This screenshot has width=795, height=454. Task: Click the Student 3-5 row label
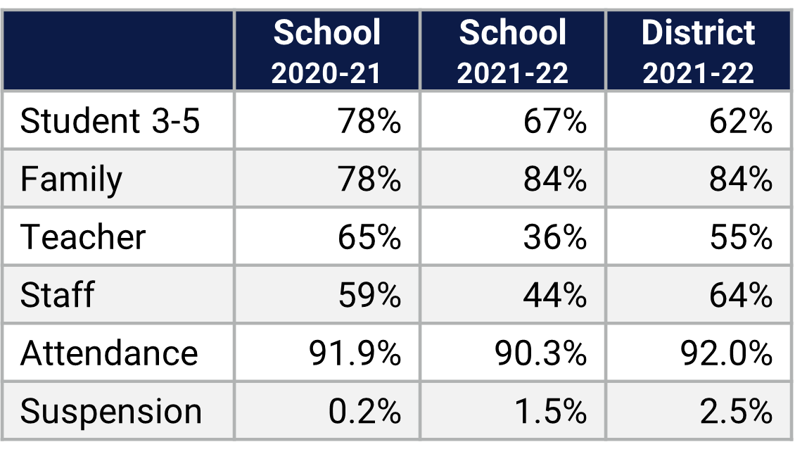(110, 121)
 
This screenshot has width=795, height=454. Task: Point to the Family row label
(71, 179)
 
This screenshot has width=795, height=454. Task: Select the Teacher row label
(83, 237)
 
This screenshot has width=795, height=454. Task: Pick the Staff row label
(57, 295)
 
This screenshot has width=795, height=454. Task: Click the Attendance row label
(109, 353)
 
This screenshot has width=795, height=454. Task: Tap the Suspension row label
(111, 411)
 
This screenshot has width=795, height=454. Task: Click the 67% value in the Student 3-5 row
(554, 121)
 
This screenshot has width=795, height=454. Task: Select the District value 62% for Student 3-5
(740, 121)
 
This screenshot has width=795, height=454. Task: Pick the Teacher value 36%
(554, 237)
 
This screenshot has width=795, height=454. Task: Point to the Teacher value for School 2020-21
(369, 237)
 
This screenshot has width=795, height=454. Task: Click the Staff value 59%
(369, 295)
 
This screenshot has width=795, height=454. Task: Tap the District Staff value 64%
(740, 295)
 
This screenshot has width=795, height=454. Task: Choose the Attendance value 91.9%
(355, 353)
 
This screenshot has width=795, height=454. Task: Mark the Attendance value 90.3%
(540, 353)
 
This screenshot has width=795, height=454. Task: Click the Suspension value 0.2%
(364, 411)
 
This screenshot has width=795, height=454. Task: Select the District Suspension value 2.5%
(736, 411)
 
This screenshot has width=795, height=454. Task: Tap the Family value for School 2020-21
(369, 179)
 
